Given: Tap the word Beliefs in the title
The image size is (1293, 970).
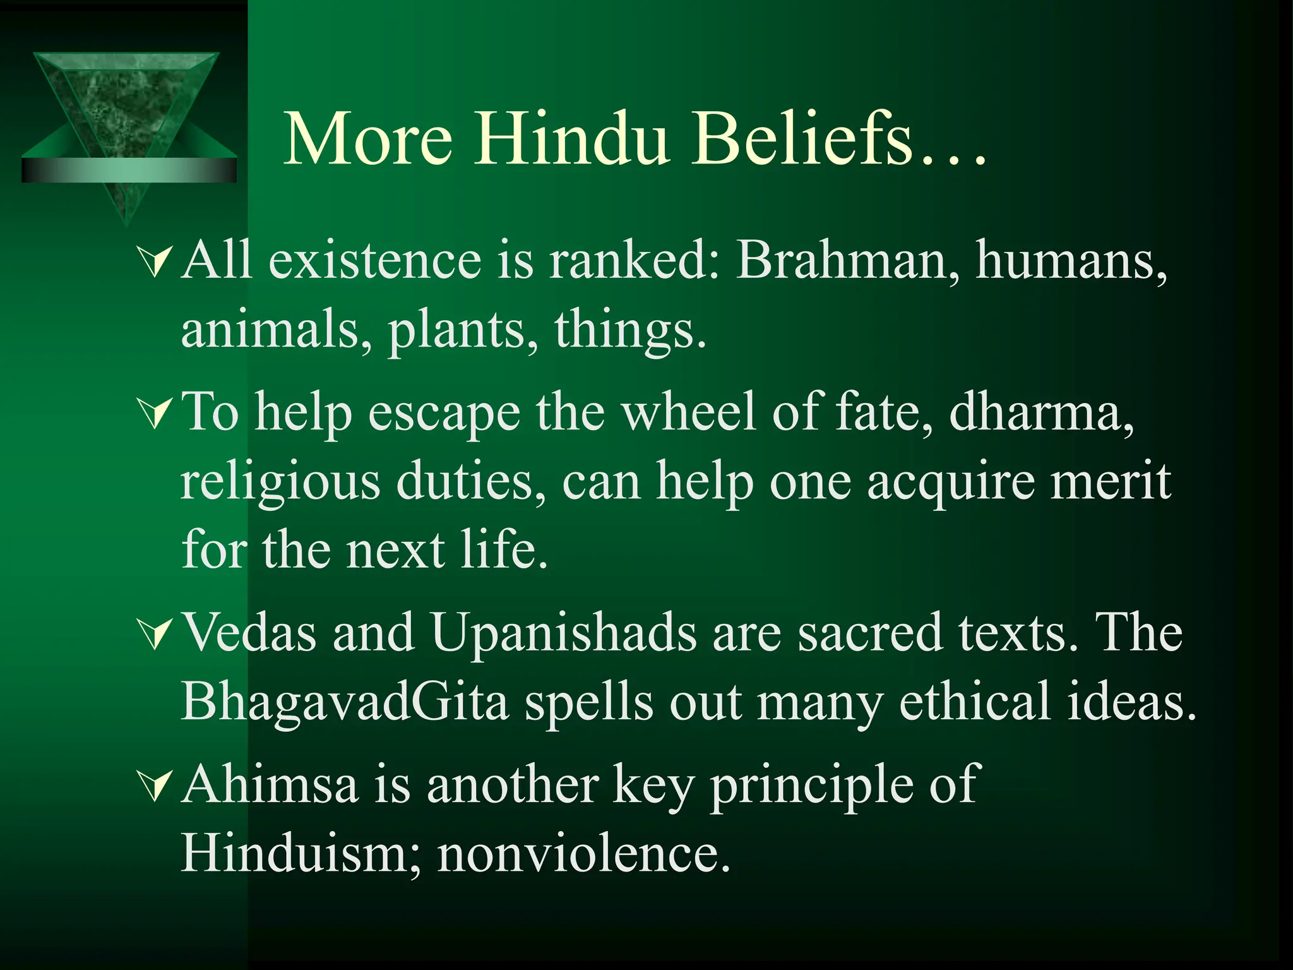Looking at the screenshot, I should pos(802,139).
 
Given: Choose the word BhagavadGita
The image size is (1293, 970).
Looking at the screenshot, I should pos(345,702).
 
